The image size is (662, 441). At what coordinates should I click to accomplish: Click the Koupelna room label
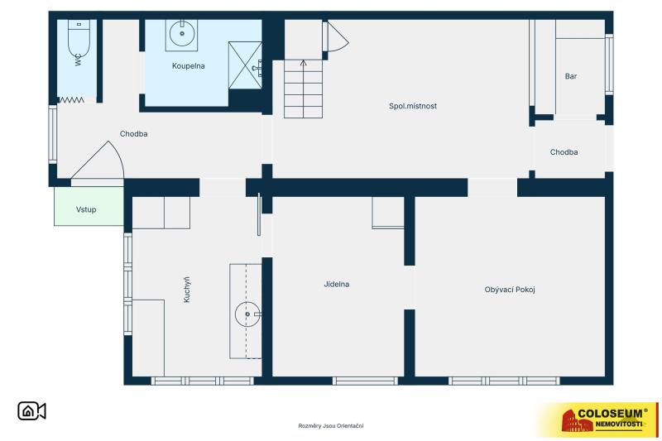pyautogui.click(x=189, y=66)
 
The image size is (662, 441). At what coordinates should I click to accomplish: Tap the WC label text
pyautogui.click(x=78, y=61)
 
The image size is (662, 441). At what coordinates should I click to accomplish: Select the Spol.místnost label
pyautogui.click(x=413, y=106)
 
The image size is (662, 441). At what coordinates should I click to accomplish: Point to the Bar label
pyautogui.click(x=571, y=76)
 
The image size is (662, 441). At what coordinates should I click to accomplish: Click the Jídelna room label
pyautogui.click(x=337, y=284)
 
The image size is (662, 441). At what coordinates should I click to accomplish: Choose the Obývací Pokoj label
pyautogui.click(x=510, y=290)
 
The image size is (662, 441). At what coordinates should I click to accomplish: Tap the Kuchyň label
pyautogui.click(x=187, y=290)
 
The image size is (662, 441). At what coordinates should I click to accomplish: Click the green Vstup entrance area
pyautogui.click(x=89, y=206)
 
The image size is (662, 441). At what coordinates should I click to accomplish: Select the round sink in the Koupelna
pyautogui.click(x=182, y=33)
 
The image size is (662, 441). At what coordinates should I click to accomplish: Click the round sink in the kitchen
pyautogui.click(x=247, y=314)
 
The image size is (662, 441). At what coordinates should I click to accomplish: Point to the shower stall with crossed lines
pyautogui.click(x=245, y=65)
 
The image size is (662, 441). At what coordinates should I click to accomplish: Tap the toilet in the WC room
pyautogui.click(x=79, y=38)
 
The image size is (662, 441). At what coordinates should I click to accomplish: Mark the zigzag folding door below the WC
pyautogui.click(x=70, y=100)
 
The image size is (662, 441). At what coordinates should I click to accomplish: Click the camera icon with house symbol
pyautogui.click(x=31, y=411)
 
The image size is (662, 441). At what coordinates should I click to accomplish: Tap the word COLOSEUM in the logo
pyautogui.click(x=610, y=414)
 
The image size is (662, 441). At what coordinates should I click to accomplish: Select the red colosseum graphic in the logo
pyautogui.click(x=577, y=420)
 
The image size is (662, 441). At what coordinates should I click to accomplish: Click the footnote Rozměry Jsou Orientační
pyautogui.click(x=330, y=426)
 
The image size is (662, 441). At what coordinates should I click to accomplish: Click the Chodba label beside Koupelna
pyautogui.click(x=133, y=134)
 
